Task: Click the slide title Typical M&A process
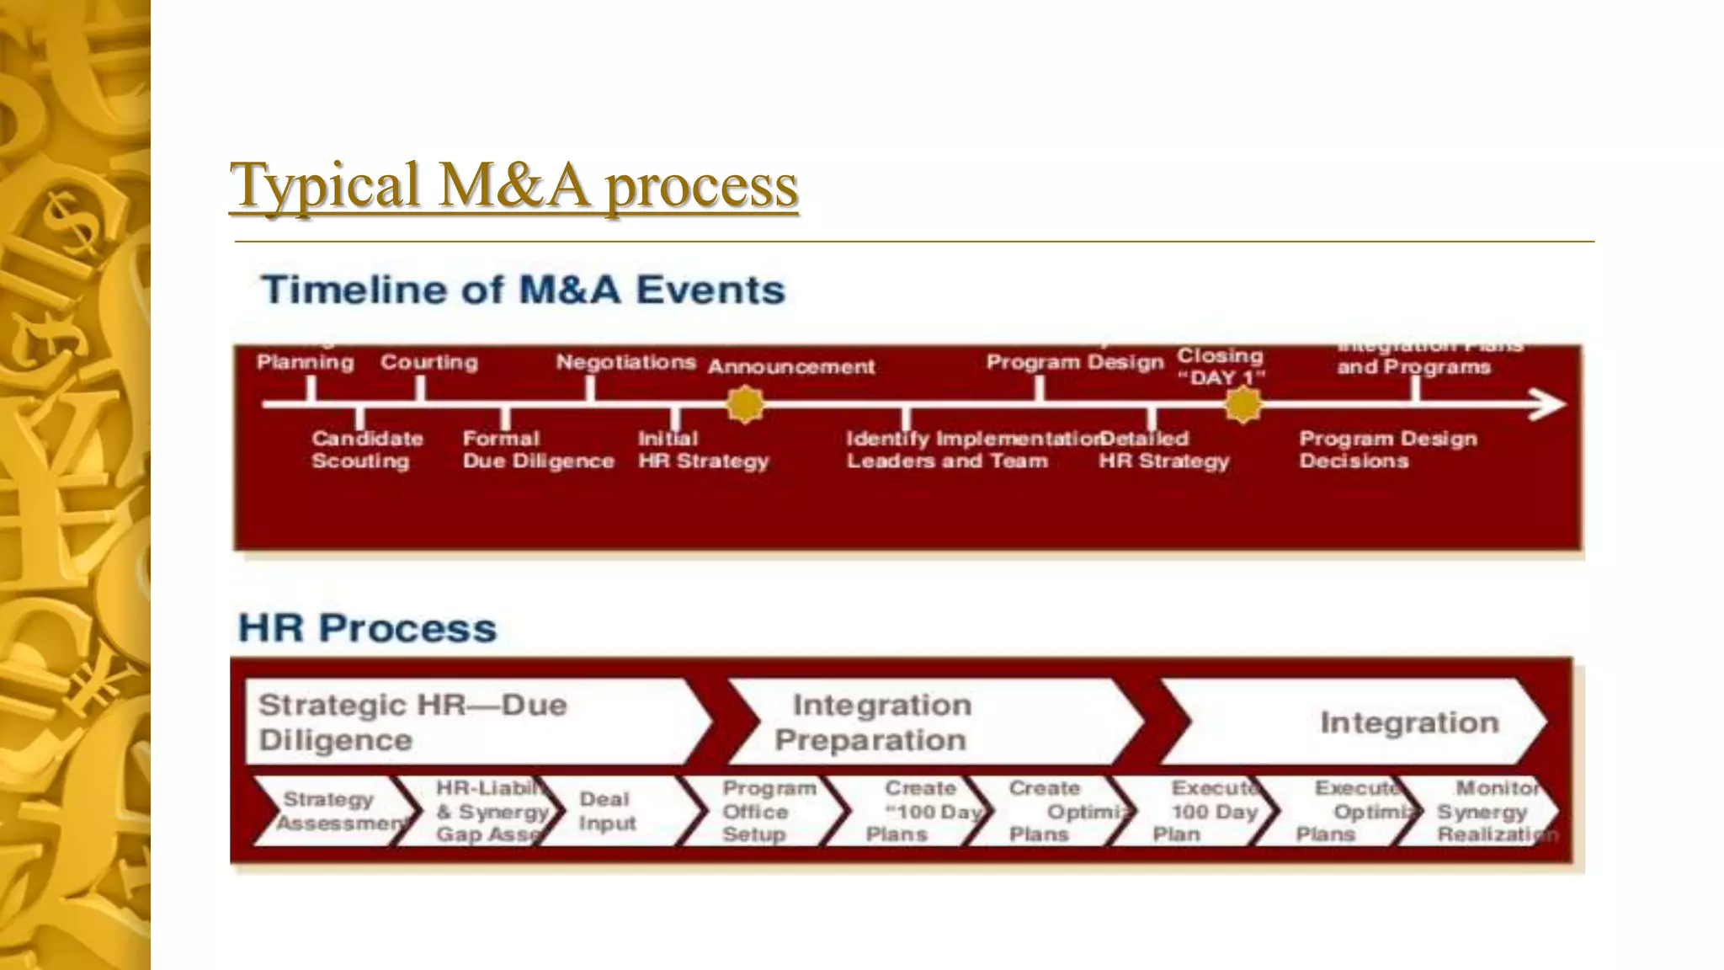[x=513, y=184]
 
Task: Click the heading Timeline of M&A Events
[x=523, y=290]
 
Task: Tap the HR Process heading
[x=368, y=628]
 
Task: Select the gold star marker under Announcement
[x=745, y=405]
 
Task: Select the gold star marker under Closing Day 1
[x=1242, y=405]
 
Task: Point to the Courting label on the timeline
[x=428, y=363]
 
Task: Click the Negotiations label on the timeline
[x=625, y=363]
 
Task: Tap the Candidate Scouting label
[x=366, y=450]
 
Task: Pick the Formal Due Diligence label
[x=537, y=450]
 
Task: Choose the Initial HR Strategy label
[x=703, y=450]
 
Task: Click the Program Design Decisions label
[x=1387, y=450]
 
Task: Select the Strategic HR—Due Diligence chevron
[x=471, y=722]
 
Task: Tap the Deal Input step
[x=619, y=812]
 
